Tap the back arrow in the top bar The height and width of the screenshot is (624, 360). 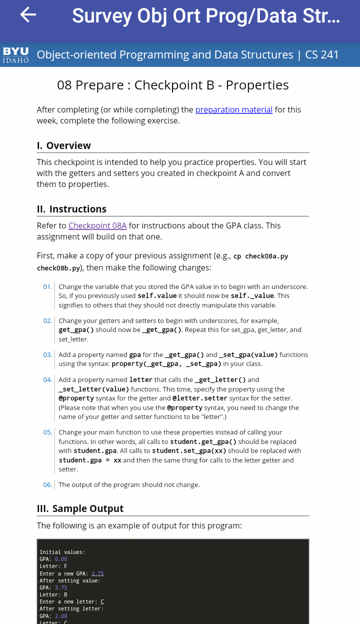pyautogui.click(x=28, y=15)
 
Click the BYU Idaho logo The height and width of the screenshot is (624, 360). pyautogui.click(x=15, y=55)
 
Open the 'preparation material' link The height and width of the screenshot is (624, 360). pyautogui.click(x=233, y=109)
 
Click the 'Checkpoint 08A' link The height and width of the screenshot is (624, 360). pyautogui.click(x=97, y=225)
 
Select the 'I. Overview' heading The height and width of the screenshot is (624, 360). pyautogui.click(x=64, y=145)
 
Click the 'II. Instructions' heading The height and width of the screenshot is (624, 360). pyautogui.click(x=71, y=209)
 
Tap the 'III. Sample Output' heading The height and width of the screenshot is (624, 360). pyautogui.click(x=80, y=508)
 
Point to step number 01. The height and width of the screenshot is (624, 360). pyautogui.click(x=47, y=286)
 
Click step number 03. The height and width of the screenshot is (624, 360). pyautogui.click(x=47, y=354)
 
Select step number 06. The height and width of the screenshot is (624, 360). pyautogui.click(x=47, y=484)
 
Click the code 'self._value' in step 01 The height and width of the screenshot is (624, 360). pyautogui.click(x=252, y=295)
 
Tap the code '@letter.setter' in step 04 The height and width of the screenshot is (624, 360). pyautogui.click(x=199, y=398)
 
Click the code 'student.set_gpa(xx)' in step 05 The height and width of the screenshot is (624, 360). pyautogui.click(x=189, y=450)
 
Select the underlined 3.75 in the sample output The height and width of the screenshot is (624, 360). pyautogui.click(x=97, y=573)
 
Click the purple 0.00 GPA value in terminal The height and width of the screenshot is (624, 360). pyautogui.click(x=60, y=559)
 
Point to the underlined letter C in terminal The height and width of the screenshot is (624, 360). pyautogui.click(x=102, y=601)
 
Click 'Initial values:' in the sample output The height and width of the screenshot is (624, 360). pyautogui.click(x=62, y=552)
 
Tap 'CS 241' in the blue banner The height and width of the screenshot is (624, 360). pyautogui.click(x=322, y=54)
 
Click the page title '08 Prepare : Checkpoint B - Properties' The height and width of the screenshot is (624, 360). pyautogui.click(x=173, y=85)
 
